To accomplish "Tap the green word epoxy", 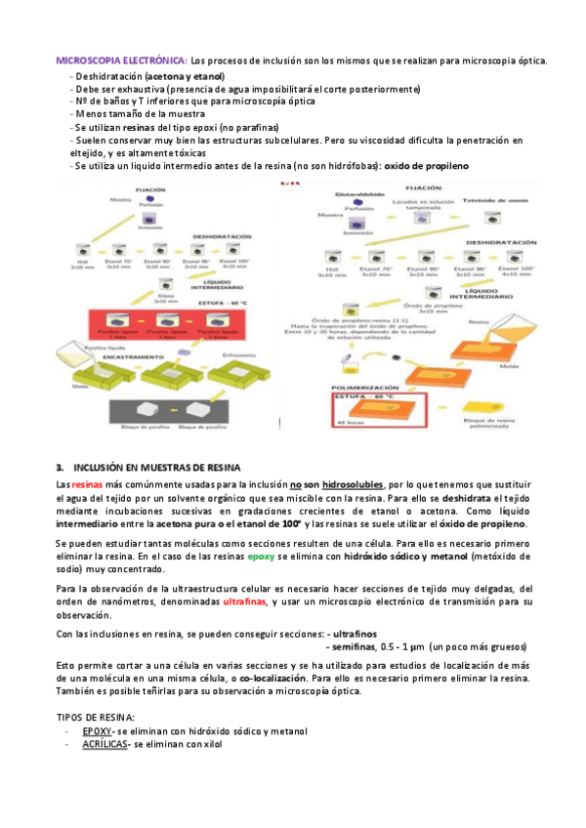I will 261,556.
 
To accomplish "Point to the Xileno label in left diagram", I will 165,296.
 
